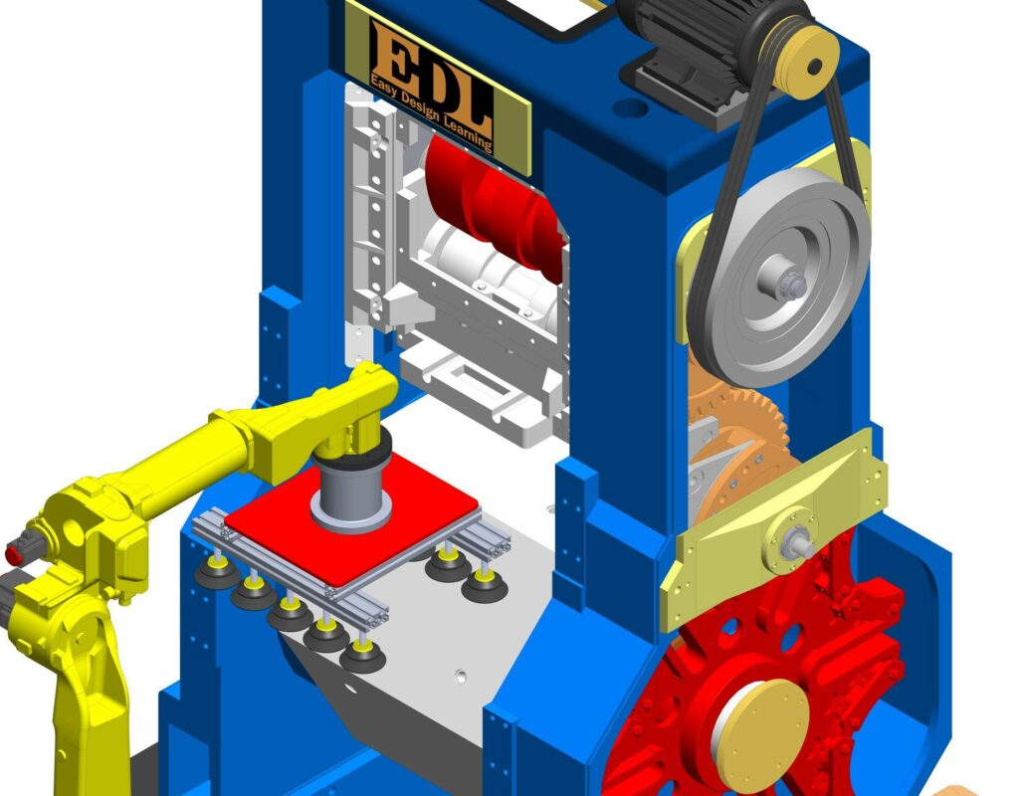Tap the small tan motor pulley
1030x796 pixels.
(806, 62)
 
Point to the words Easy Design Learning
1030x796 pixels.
(431, 111)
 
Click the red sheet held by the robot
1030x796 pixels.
(351, 518)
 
